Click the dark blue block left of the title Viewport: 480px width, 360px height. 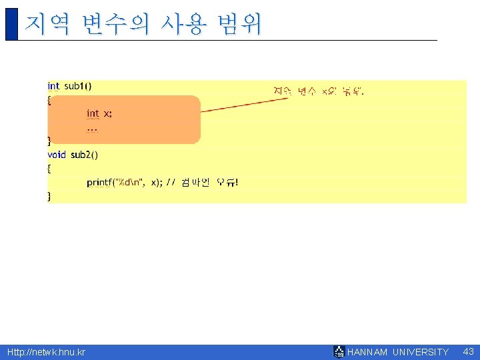point(11,24)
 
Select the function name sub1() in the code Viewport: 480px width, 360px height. point(79,86)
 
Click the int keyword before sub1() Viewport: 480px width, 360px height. point(53,86)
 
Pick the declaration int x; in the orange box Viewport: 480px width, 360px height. point(99,113)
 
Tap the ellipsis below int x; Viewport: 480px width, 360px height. point(92,128)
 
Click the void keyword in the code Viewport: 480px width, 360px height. point(56,155)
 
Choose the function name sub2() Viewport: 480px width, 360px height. point(84,155)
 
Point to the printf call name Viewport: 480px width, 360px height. point(99,183)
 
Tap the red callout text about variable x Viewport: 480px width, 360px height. point(319,91)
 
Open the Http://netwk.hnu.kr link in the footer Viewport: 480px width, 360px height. point(46,352)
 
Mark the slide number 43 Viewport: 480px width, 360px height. point(468,351)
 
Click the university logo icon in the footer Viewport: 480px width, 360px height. point(339,352)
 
